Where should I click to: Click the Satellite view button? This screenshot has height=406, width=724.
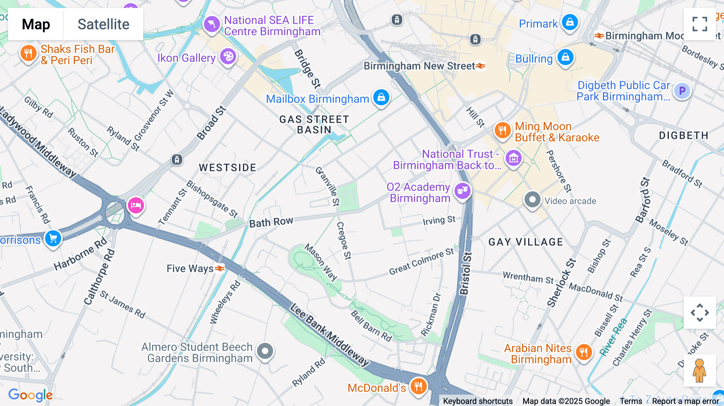(103, 24)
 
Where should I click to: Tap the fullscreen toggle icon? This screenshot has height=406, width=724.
(699, 24)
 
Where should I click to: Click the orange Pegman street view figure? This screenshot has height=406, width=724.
(699, 371)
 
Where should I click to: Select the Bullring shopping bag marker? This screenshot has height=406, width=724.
(565, 57)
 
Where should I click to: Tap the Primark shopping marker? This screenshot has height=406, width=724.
(570, 23)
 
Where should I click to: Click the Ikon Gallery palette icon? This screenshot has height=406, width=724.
(228, 57)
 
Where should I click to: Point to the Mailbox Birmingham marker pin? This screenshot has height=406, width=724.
(381, 97)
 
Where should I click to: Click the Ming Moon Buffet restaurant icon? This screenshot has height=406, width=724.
(502, 130)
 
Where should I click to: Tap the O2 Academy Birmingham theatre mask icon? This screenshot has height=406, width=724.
(463, 191)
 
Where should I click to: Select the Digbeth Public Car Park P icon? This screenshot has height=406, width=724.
(682, 91)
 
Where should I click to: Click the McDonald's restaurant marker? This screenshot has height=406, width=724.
(418, 387)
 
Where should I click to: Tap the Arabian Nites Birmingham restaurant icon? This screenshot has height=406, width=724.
(584, 353)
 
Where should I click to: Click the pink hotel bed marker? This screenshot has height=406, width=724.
(136, 205)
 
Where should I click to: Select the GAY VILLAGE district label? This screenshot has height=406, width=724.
(525, 242)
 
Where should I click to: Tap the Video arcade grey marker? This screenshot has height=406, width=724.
(533, 200)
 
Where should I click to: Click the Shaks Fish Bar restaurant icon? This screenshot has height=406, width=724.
(28, 53)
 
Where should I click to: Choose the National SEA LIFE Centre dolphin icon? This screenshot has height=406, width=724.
(212, 25)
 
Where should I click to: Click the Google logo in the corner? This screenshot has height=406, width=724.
(31, 395)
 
